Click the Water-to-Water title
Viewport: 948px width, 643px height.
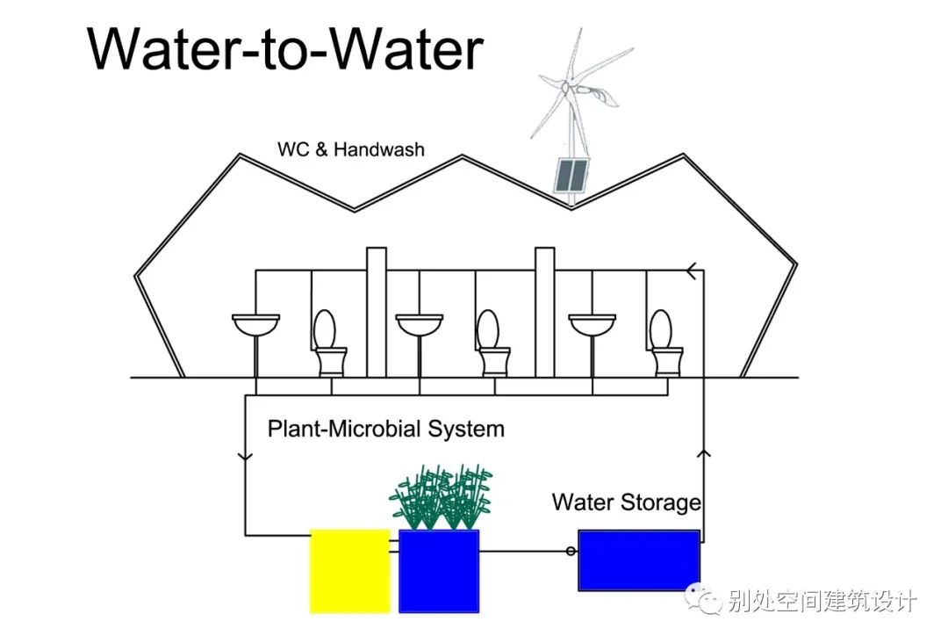285,49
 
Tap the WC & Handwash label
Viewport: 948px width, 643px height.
350,149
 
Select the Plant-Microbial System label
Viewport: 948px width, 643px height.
386,430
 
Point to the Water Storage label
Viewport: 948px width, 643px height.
626,502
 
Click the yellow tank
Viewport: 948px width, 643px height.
349,570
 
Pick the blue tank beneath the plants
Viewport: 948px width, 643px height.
439,570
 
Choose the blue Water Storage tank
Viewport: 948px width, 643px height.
639,560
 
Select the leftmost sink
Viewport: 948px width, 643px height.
255,324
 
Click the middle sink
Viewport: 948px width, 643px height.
420,324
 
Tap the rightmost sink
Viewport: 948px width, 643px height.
592,324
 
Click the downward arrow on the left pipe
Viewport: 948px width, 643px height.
245,457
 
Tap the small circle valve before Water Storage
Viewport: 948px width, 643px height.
571,551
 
